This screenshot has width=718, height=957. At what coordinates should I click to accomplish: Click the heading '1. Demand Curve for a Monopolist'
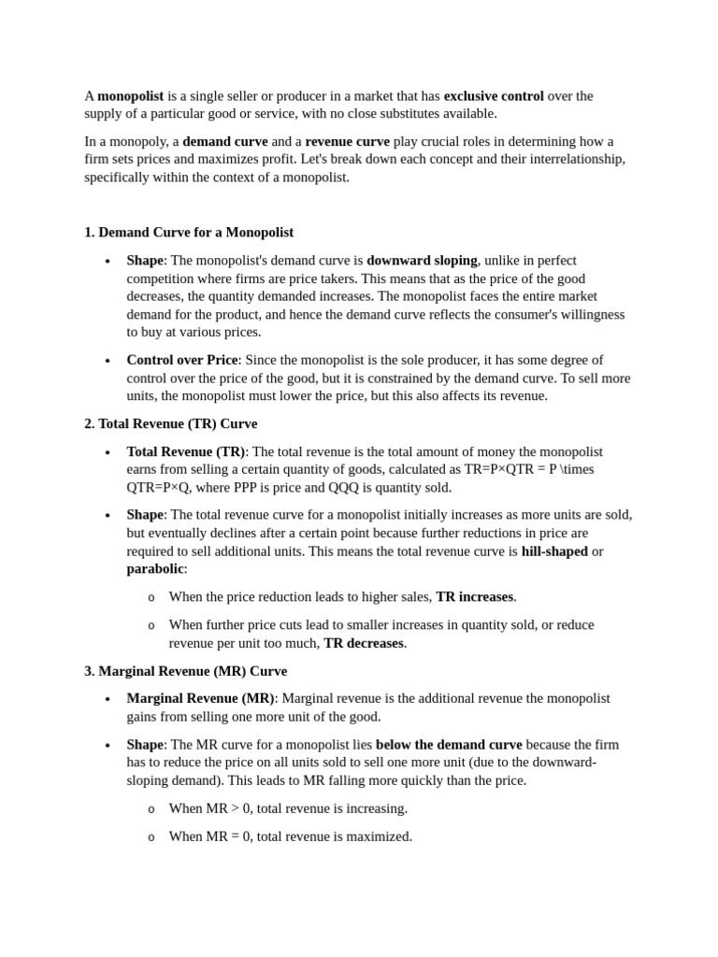188,232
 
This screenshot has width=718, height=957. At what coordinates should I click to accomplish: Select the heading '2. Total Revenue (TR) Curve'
170,423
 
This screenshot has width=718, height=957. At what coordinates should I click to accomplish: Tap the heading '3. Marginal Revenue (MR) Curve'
185,671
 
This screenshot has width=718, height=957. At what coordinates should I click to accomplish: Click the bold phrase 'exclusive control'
493,95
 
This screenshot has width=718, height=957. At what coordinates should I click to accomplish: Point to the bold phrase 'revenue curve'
347,141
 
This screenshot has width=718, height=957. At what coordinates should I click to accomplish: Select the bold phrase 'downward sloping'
422,260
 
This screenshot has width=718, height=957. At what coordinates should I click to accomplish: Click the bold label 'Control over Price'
182,360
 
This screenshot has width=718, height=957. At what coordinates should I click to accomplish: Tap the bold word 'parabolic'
154,568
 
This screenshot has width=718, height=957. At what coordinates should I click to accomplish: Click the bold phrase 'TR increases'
475,596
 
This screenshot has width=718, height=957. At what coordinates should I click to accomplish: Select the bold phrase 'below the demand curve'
449,745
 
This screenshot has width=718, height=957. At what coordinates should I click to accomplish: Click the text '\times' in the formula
573,469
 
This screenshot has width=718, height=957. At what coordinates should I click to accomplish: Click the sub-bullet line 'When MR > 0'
287,808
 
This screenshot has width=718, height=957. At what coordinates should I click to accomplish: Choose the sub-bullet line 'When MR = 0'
290,836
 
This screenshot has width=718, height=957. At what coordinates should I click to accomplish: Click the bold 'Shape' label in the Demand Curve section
145,260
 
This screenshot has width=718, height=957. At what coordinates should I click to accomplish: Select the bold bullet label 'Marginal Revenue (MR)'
200,698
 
